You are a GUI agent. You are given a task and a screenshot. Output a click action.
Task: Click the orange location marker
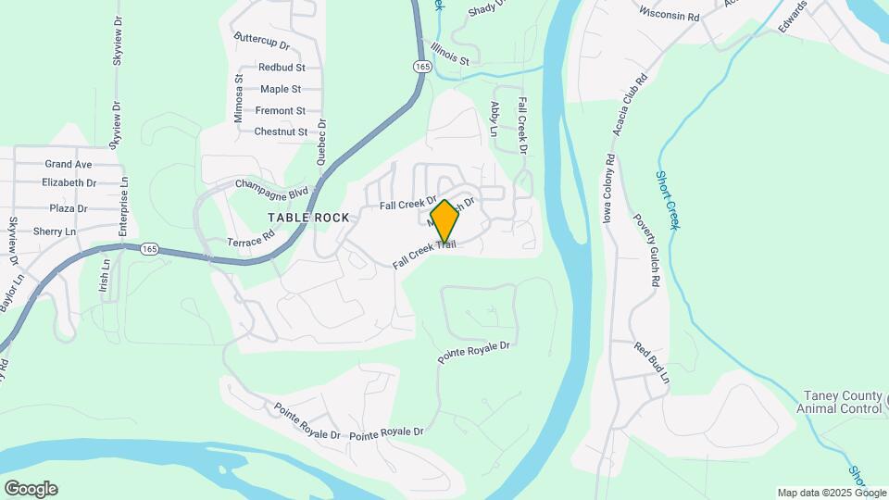point(444,220)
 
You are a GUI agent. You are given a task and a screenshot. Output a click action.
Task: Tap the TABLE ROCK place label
point(308,218)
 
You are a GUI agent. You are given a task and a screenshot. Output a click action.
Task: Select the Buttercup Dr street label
point(262,44)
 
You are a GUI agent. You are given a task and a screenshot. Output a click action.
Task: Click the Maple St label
point(281,89)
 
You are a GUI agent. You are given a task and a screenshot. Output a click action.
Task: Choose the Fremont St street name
point(281,111)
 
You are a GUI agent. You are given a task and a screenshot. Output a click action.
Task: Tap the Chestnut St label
point(281,132)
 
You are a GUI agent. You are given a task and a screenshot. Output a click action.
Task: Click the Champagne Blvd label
point(271,188)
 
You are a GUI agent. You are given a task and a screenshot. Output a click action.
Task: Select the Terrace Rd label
point(251,238)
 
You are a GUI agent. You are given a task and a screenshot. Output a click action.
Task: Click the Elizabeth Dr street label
point(69,183)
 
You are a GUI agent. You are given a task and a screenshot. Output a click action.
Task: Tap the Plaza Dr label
point(69,208)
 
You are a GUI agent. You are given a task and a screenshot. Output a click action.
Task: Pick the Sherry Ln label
point(54,231)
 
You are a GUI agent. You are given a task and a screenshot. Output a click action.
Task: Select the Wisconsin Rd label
point(669,16)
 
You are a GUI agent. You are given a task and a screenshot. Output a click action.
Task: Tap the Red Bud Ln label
point(651,363)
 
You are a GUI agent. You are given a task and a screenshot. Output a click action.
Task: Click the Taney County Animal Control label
point(841,402)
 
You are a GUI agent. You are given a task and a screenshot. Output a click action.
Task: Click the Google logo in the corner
point(31,489)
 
